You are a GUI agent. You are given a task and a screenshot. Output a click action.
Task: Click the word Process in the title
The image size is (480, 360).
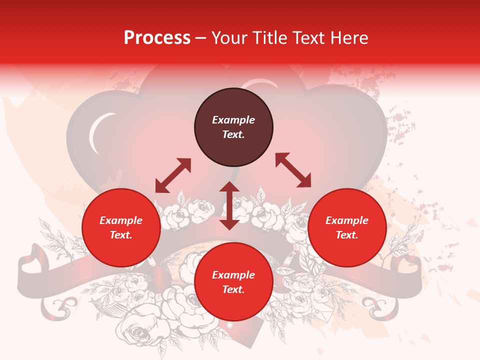click(157, 38)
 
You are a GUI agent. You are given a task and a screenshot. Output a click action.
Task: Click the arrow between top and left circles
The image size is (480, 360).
click(173, 175)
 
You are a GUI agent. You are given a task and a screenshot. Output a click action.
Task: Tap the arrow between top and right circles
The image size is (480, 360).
click(293, 170)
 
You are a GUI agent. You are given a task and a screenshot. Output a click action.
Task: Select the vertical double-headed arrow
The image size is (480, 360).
click(229, 205)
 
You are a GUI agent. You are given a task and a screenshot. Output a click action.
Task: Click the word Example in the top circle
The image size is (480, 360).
click(233, 120)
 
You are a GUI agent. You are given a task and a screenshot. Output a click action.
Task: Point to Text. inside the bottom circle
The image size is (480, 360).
click(233, 289)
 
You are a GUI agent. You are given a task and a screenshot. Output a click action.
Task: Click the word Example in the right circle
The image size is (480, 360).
click(347, 220)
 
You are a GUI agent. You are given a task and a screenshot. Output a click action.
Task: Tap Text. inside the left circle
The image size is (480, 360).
click(121, 235)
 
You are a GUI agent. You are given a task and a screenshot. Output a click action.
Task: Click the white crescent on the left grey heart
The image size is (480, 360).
click(96, 132)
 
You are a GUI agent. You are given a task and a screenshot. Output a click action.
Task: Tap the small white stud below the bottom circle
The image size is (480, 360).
click(229, 325)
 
